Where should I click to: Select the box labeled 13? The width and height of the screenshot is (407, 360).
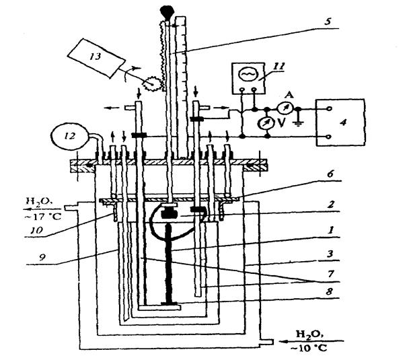97,55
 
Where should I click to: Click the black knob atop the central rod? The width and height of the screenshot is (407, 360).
165,9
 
